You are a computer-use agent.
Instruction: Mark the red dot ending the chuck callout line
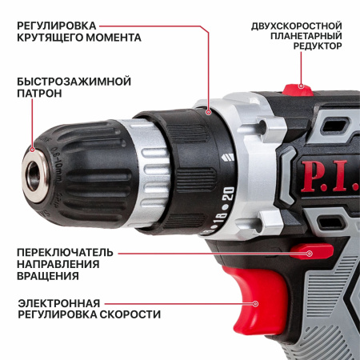(32, 150)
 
